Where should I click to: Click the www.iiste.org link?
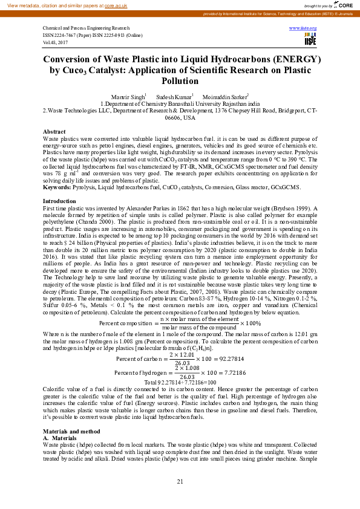click(x=304, y=28)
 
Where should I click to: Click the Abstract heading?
click(x=54, y=132)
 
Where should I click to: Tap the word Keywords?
click(x=56, y=187)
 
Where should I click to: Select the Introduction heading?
click(x=59, y=201)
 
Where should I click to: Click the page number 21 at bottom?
click(x=180, y=481)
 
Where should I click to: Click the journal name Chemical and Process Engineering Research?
click(x=86, y=28)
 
